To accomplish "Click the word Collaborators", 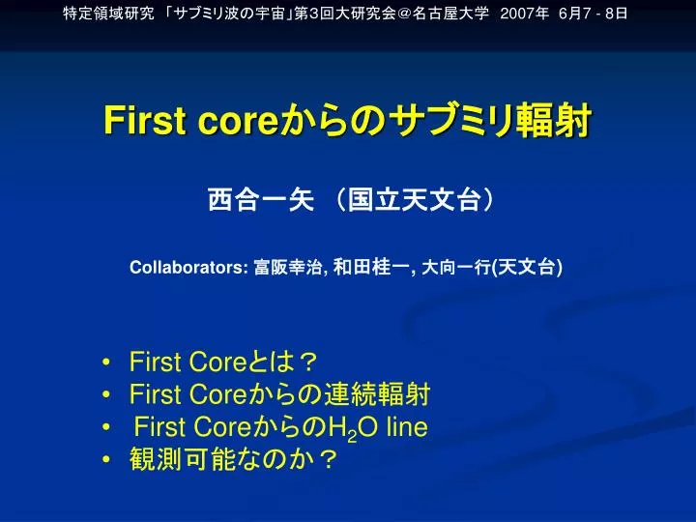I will pyautogui.click(x=188, y=268).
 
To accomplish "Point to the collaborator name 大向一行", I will pyautogui.click(x=455, y=268).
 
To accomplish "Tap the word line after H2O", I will pyautogui.click(x=407, y=427).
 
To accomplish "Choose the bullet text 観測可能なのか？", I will pyautogui.click(x=234, y=460).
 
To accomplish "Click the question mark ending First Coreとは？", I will pyautogui.click(x=307, y=362).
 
